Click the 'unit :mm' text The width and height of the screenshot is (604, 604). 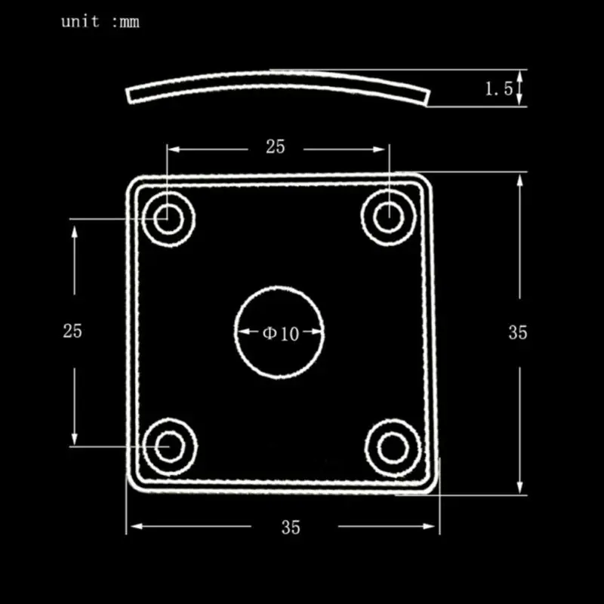[100, 22]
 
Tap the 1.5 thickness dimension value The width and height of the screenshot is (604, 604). [498, 89]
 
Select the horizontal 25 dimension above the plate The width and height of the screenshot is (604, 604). [276, 147]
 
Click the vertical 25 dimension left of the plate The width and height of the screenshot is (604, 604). [72, 331]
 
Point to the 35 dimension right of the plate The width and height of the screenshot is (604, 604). [518, 332]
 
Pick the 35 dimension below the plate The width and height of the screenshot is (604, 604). [291, 527]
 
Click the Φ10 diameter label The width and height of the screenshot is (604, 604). [281, 333]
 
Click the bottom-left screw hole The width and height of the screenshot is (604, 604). [168, 447]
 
